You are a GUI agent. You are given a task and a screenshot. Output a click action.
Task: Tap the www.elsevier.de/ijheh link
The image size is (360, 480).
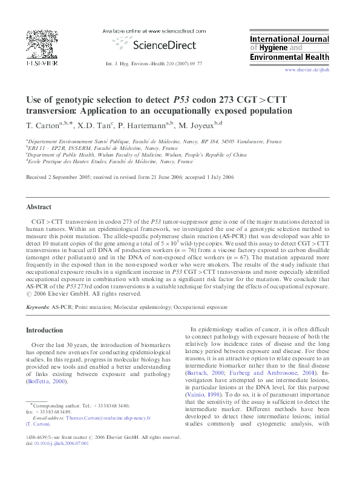tap(307, 70)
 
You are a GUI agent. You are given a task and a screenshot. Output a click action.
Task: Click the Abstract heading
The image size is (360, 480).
tap(39, 207)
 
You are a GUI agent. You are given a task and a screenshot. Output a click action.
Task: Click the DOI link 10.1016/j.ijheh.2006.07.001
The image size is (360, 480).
tap(62, 443)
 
